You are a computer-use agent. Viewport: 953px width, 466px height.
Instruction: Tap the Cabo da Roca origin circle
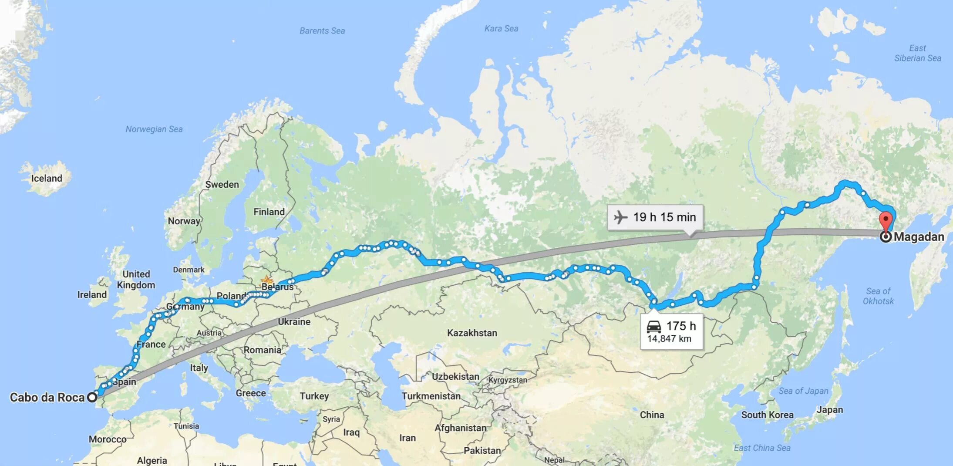pos(92,397)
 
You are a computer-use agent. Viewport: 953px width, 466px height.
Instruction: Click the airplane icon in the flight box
pos(620,217)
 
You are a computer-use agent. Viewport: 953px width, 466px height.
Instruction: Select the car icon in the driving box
pos(653,326)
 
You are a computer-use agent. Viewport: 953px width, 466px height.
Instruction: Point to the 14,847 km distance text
pos(669,339)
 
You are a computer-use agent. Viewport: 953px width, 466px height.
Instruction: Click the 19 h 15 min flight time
pos(664,217)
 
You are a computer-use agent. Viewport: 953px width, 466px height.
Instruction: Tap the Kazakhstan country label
pos(472,333)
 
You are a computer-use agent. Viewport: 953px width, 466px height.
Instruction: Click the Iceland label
pos(47,178)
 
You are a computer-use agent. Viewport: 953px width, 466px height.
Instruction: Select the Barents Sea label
pos(322,30)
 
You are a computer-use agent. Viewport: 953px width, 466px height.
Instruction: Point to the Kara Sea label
pos(501,28)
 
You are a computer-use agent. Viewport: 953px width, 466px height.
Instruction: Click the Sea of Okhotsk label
pos(878,296)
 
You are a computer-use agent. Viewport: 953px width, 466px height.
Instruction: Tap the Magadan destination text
pos(919,237)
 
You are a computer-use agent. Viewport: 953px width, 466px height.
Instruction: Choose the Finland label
pos(269,212)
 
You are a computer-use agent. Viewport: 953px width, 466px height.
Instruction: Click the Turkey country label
pos(314,396)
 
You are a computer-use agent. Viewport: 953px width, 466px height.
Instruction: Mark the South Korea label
pos(767,415)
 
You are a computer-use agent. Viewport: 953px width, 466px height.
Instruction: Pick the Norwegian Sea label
pos(154,129)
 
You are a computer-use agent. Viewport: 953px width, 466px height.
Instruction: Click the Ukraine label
pos(294,321)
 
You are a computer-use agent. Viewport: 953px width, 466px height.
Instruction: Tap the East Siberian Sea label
pos(917,53)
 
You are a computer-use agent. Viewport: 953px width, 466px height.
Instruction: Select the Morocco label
pos(108,439)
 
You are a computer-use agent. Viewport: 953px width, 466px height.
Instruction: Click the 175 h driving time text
pos(681,326)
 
